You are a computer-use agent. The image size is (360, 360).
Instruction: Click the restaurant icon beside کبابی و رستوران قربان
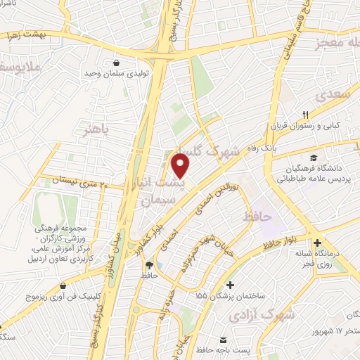point(305,114)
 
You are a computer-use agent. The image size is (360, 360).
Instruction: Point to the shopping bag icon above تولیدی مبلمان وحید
point(115,63)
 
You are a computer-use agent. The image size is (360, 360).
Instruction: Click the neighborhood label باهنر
point(97,131)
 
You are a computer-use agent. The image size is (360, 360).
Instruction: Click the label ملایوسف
point(21,68)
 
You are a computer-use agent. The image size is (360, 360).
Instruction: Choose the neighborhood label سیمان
point(155,200)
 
